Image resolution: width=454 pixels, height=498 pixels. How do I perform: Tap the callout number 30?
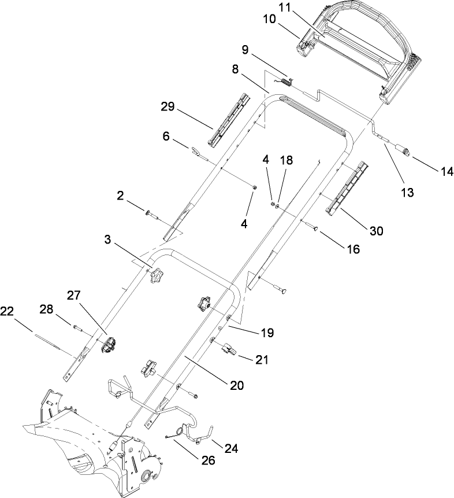coord(376,230)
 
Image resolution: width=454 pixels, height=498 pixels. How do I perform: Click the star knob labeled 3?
coord(155,276)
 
